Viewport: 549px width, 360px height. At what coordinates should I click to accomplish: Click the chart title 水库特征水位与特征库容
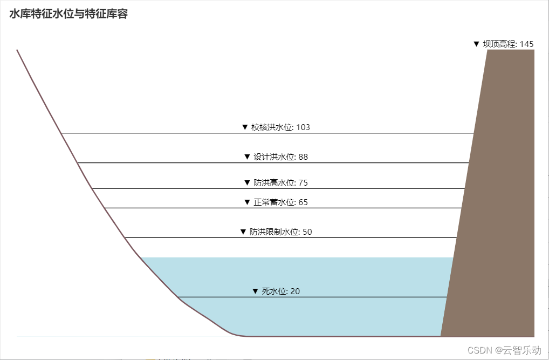pos(68,15)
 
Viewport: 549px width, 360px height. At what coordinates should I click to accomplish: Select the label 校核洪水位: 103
pos(276,127)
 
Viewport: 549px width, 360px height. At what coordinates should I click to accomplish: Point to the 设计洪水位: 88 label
pos(276,157)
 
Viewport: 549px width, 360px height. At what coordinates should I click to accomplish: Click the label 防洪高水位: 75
pos(276,183)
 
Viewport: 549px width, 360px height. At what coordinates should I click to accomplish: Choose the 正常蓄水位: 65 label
pos(276,202)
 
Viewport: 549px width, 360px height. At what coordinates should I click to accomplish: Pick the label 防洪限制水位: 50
pos(276,232)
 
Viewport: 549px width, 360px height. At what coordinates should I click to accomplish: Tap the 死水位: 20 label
pos(276,291)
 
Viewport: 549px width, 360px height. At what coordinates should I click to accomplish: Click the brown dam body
pos(496,216)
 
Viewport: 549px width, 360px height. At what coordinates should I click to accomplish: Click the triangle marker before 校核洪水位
pos(245,127)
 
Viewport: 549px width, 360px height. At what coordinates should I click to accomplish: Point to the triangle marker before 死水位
pos(256,291)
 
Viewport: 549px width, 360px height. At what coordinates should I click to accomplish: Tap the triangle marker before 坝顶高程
pos(476,44)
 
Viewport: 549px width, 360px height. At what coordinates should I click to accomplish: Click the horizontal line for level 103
pos(162,133)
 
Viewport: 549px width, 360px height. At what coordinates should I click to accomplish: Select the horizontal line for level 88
pos(162,162)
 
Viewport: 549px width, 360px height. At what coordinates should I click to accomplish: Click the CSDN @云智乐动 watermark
pos(504,350)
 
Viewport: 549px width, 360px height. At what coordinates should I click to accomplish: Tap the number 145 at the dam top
pos(526,44)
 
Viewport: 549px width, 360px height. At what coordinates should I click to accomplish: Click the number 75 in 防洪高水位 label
pos(303,183)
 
